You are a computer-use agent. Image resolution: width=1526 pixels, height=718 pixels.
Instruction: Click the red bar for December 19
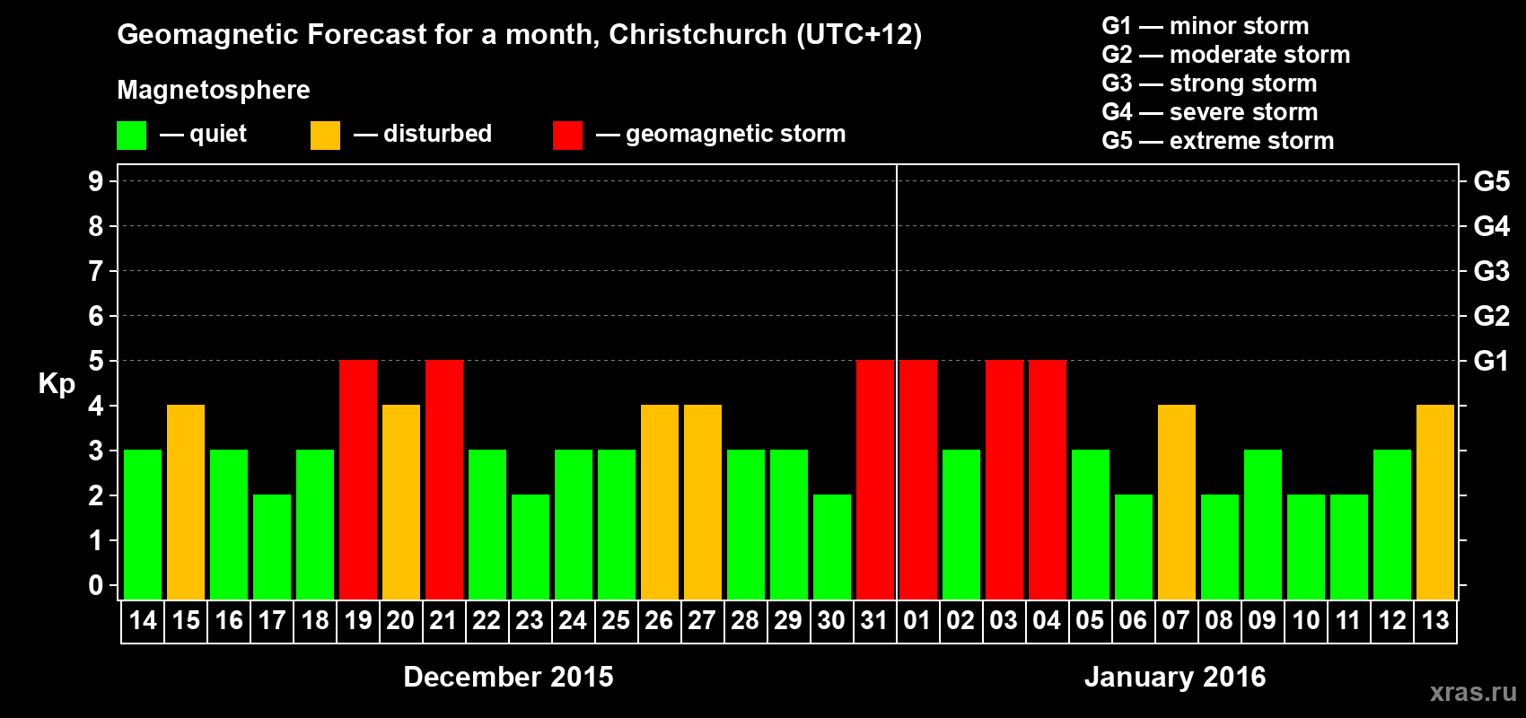pyautogui.click(x=358, y=479)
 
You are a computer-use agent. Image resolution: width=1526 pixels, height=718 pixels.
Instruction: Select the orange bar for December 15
pyautogui.click(x=186, y=502)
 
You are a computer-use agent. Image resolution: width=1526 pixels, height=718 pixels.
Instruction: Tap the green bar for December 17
pyautogui.click(x=272, y=547)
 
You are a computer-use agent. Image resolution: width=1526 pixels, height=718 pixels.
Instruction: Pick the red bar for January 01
pyautogui.click(x=918, y=479)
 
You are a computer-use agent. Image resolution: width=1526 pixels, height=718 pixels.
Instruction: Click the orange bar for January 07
pyautogui.click(x=1177, y=502)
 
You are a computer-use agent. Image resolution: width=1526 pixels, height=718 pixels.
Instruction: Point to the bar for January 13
pyautogui.click(x=1435, y=502)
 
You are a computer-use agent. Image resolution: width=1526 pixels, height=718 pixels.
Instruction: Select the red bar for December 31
pyautogui.click(x=875, y=479)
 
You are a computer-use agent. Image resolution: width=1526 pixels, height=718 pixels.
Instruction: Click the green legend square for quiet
pyautogui.click(x=132, y=136)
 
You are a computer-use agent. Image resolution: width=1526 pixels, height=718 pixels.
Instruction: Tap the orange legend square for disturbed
pyautogui.click(x=325, y=136)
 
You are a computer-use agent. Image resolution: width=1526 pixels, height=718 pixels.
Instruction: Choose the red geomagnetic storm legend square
pyautogui.click(x=567, y=136)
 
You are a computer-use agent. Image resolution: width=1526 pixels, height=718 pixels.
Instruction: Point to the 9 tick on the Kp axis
pyautogui.click(x=96, y=181)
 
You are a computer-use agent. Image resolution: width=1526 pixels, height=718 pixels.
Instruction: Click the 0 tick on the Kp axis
pyautogui.click(x=96, y=585)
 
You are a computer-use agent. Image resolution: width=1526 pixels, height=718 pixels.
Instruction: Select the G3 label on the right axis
pyautogui.click(x=1491, y=271)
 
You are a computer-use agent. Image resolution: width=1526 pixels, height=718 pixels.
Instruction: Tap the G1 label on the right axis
pyautogui.click(x=1491, y=361)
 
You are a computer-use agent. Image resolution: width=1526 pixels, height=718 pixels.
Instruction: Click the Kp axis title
pyautogui.click(x=57, y=384)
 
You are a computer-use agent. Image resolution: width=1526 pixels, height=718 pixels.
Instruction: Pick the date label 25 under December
pyautogui.click(x=616, y=620)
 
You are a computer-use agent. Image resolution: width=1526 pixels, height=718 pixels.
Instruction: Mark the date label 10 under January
pyautogui.click(x=1305, y=620)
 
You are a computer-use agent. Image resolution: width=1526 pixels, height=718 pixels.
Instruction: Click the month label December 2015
pyautogui.click(x=508, y=677)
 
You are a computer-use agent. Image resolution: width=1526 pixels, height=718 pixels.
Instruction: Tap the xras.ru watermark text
pyautogui.click(x=1472, y=692)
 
